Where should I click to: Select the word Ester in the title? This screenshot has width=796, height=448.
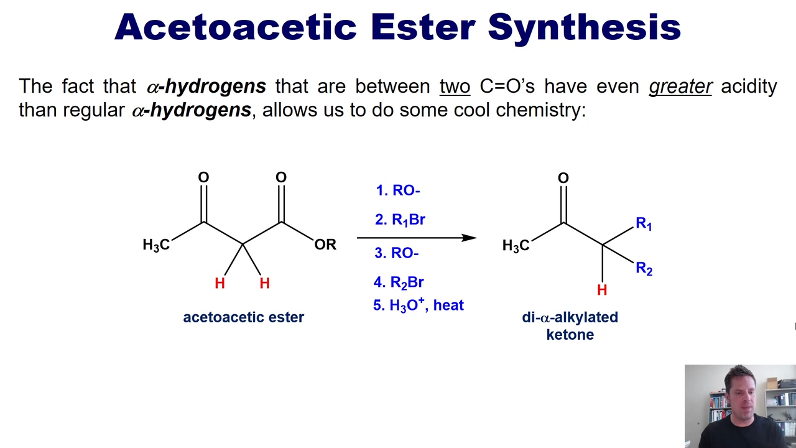tap(423, 27)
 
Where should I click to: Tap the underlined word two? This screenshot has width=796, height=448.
tap(455, 86)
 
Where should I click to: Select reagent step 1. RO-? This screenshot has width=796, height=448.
tap(398, 190)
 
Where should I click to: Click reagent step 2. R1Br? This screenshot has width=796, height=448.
tap(400, 220)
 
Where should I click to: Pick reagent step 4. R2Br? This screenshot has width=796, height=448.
tap(399, 282)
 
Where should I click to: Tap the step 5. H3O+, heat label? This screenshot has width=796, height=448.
tap(419, 305)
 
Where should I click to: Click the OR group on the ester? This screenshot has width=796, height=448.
tap(325, 245)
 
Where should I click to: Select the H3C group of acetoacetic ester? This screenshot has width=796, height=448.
tap(156, 245)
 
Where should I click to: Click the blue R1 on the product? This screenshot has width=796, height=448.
tap(644, 223)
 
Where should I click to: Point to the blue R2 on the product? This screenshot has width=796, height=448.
tap(644, 268)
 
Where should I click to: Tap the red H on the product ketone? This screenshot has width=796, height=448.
tap(602, 290)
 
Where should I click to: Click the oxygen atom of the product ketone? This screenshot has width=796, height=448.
tap(563, 178)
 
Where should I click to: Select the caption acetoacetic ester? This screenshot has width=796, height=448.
tap(243, 317)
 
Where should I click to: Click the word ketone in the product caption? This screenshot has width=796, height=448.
tap(570, 335)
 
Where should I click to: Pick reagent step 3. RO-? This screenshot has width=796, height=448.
tap(397, 253)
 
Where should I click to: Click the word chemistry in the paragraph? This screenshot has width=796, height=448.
tap(540, 110)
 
